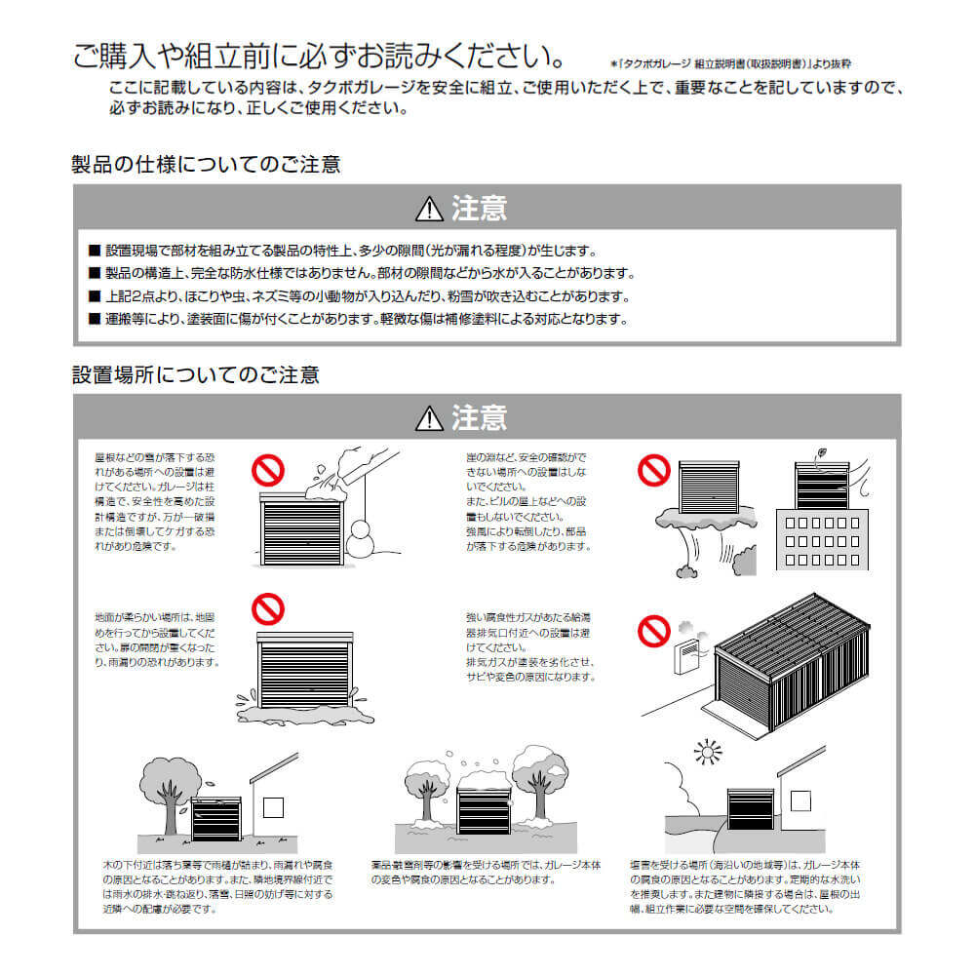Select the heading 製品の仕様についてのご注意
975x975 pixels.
[206, 164]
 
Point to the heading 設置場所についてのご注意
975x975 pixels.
[195, 374]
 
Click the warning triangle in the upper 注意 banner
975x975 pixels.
[429, 208]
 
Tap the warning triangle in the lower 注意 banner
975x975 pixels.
[429, 418]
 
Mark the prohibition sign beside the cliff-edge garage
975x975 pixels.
[653, 472]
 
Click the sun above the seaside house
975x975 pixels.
[705, 752]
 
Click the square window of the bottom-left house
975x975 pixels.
[272, 805]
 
